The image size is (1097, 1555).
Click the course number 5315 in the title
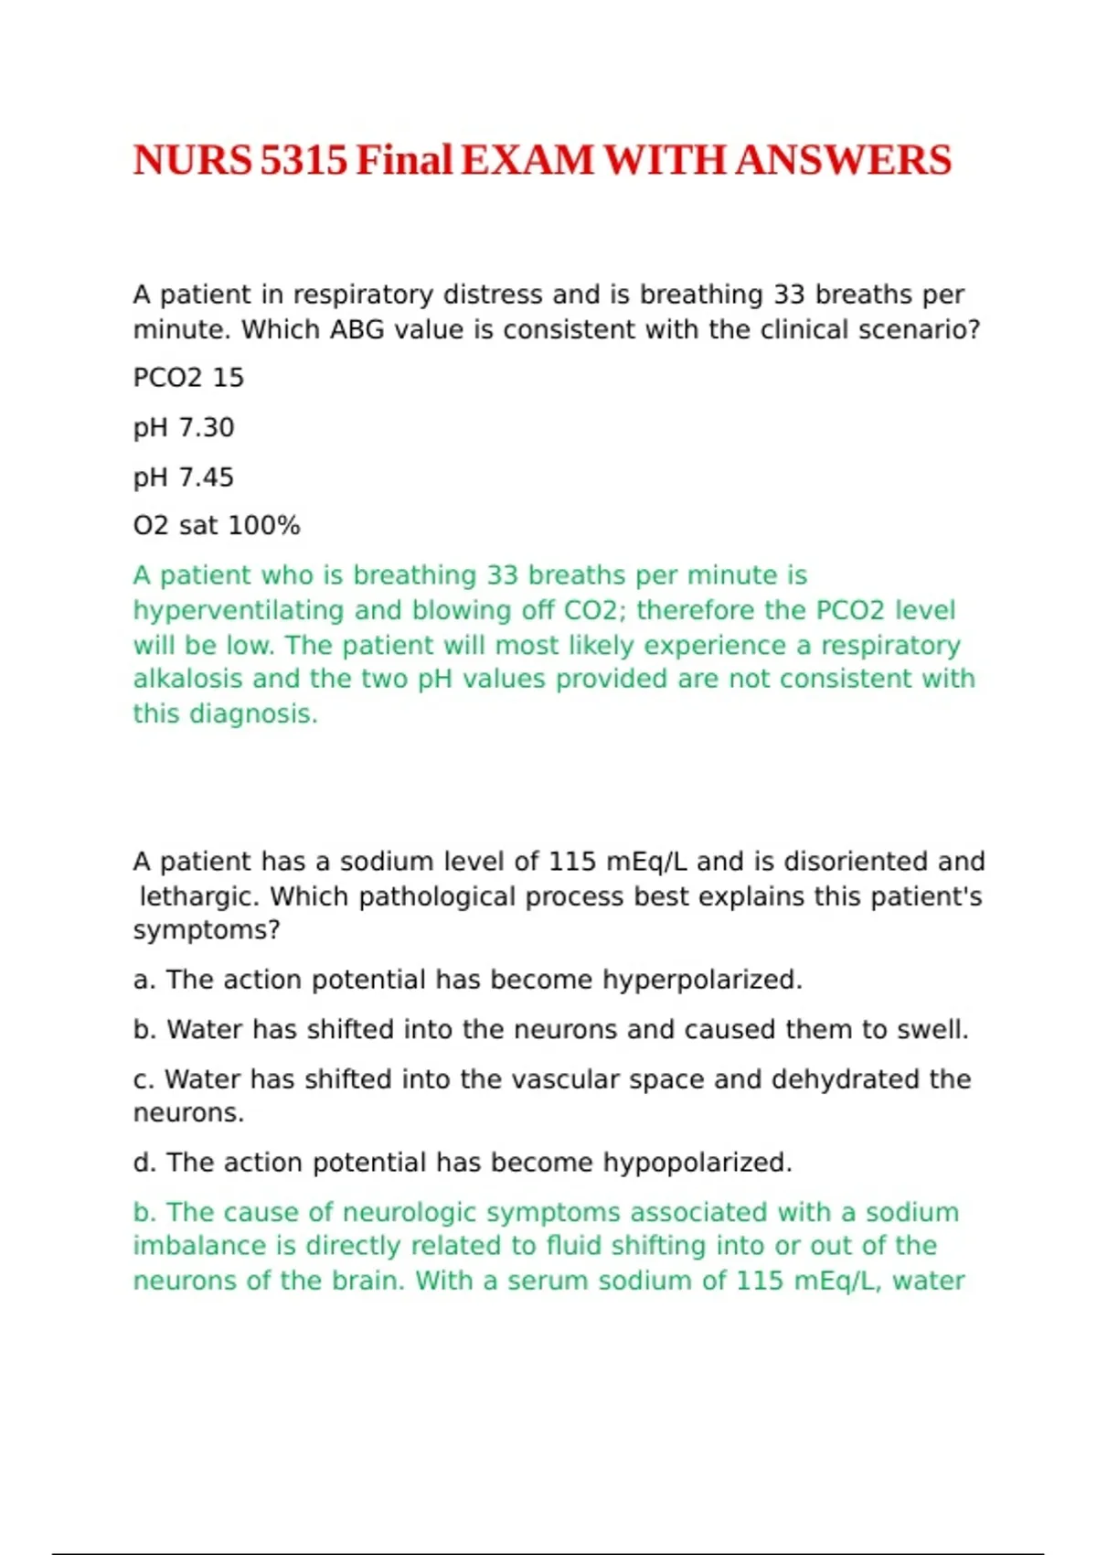click(304, 161)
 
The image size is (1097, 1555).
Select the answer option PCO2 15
click(188, 378)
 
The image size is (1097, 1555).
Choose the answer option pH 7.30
click(184, 427)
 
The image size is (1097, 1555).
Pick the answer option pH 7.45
click(184, 477)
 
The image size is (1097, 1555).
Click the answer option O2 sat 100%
click(217, 526)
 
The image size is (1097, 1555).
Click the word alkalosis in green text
click(189, 679)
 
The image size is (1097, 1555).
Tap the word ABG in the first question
click(357, 329)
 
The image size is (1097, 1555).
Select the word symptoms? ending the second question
click(207, 930)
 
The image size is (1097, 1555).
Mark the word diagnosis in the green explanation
click(252, 713)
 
